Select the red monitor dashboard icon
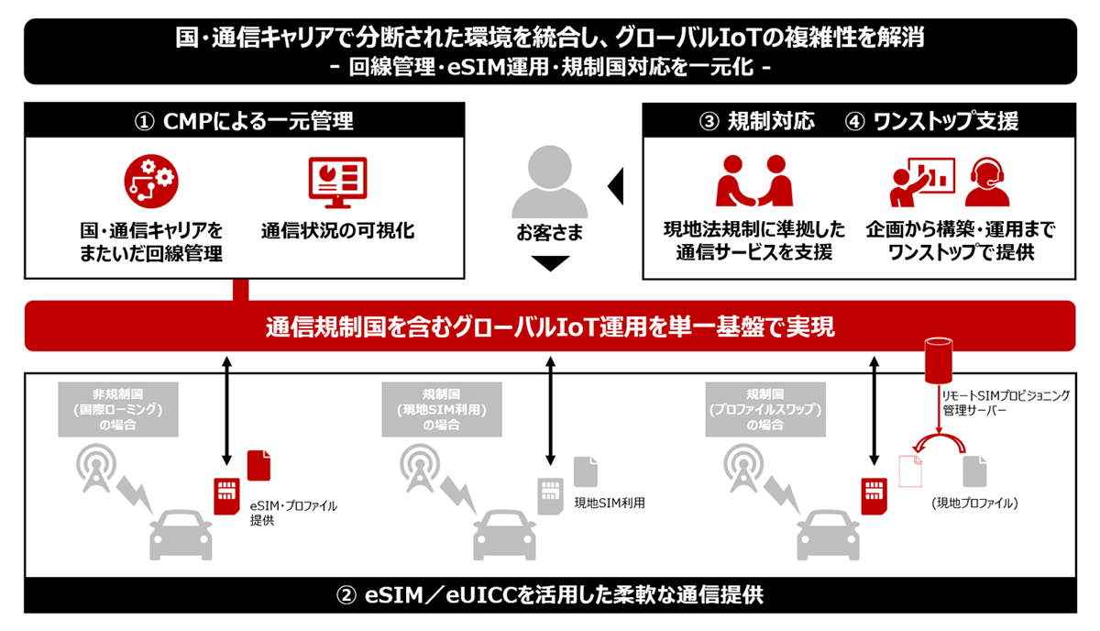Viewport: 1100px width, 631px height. coord(336,183)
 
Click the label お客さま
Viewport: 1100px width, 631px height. coord(549,231)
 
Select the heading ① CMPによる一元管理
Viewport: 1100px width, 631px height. coord(243,121)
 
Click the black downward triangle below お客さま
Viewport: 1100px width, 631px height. coord(549,264)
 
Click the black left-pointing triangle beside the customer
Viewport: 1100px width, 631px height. coord(617,185)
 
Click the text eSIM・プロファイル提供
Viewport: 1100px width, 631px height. coord(292,512)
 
